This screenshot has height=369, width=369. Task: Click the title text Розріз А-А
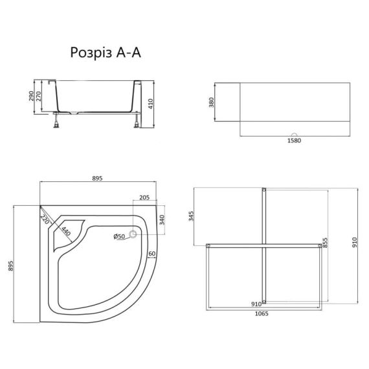(105, 54)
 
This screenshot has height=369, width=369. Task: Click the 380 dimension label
(212, 104)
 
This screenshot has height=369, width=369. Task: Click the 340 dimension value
(162, 220)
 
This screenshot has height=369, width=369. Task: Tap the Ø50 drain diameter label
(119, 237)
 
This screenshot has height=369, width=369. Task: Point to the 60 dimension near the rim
(151, 253)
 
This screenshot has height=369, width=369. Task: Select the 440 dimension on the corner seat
(67, 229)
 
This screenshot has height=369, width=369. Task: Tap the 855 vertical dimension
(326, 243)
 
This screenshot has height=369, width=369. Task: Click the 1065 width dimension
(262, 313)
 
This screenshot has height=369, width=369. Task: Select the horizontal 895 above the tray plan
(98, 179)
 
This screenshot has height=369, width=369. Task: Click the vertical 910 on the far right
(354, 243)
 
